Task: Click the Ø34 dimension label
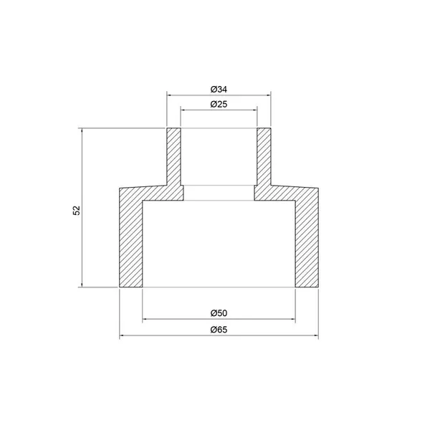click(x=219, y=90)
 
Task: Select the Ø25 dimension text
click(x=219, y=104)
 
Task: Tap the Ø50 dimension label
click(x=219, y=313)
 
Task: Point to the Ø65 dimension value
click(x=219, y=330)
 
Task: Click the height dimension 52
click(x=77, y=210)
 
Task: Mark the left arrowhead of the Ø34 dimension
click(x=169, y=95)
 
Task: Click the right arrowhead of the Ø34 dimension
click(x=269, y=95)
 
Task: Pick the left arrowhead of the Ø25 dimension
click(x=183, y=110)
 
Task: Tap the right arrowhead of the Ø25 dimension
click(x=254, y=110)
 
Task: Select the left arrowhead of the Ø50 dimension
click(x=145, y=319)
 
